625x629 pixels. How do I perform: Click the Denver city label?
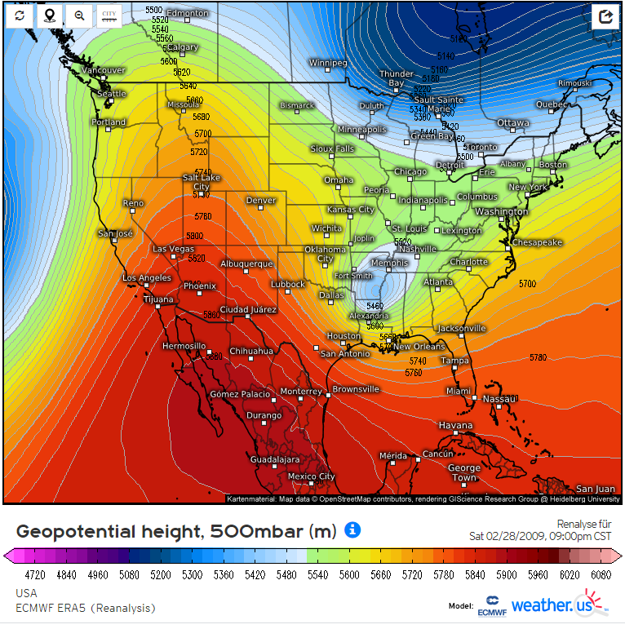pyautogui.click(x=261, y=201)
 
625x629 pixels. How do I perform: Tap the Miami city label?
pyautogui.click(x=458, y=392)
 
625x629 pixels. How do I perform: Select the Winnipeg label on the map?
pyautogui.click(x=328, y=63)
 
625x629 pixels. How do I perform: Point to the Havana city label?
pyautogui.click(x=455, y=426)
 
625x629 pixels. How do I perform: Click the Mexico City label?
pyautogui.click(x=311, y=476)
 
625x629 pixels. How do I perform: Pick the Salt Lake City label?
pyautogui.click(x=201, y=182)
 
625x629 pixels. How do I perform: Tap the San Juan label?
pyautogui.click(x=595, y=489)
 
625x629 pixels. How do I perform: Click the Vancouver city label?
pyautogui.click(x=105, y=70)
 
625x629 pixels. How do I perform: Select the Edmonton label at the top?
pyautogui.click(x=188, y=14)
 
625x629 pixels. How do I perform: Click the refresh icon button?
pyautogui.click(x=20, y=16)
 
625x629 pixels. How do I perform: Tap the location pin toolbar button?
pyautogui.click(x=49, y=16)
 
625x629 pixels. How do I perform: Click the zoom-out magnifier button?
pyautogui.click(x=78, y=16)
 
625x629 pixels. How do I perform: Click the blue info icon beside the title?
pyautogui.click(x=352, y=530)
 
